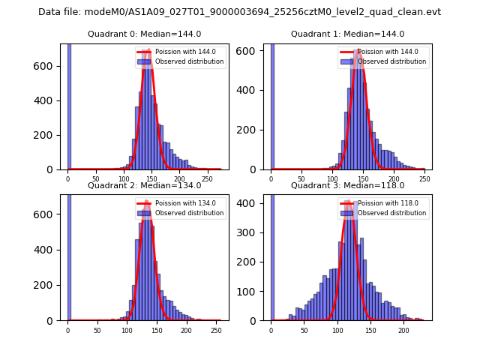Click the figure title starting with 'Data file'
tap(239, 12)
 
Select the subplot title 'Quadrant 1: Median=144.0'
tap(347, 34)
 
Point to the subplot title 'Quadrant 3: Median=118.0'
tap(347, 185)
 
